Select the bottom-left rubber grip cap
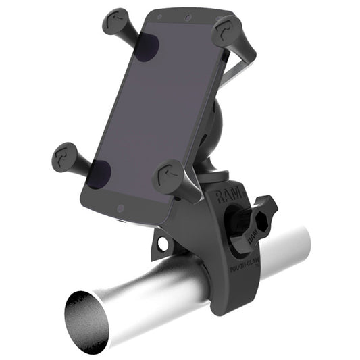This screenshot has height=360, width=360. coord(68,157)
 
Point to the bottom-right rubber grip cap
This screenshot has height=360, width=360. coord(168,177)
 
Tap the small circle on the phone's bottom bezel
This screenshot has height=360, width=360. coord(120,209)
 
